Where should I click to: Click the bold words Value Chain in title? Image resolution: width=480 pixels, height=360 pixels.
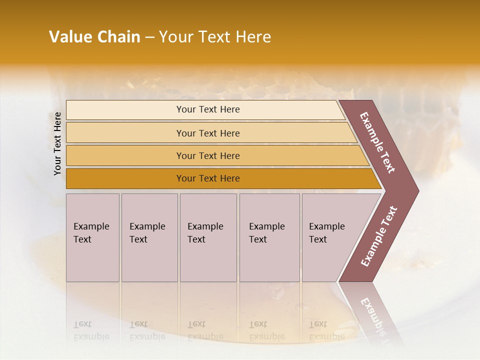click(x=94, y=37)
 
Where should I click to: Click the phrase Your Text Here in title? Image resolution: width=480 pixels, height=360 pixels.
click(x=215, y=37)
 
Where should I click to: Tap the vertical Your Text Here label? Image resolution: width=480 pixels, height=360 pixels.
click(x=57, y=143)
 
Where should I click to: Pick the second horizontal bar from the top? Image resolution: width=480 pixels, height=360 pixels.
click(x=207, y=133)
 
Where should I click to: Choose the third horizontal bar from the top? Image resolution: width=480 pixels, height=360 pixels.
click(x=207, y=155)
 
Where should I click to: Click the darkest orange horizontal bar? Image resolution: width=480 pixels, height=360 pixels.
click(x=207, y=178)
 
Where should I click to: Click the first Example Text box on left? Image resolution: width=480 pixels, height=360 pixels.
click(x=92, y=237)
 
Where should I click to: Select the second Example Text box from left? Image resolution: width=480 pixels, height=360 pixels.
click(x=149, y=237)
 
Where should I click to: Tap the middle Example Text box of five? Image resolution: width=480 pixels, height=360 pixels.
click(x=208, y=237)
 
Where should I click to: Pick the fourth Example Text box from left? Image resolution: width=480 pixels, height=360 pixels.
click(x=269, y=237)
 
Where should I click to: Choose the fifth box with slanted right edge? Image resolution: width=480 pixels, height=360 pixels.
click(x=330, y=237)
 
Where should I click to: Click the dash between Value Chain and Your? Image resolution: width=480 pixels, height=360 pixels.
click(x=149, y=37)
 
